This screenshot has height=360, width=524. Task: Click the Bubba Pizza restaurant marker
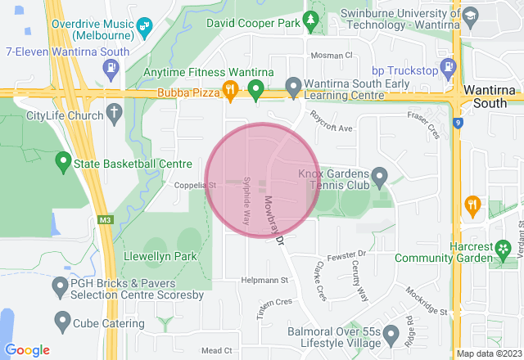232,90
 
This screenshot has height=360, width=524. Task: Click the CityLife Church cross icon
113,112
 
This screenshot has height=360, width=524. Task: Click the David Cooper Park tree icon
310,18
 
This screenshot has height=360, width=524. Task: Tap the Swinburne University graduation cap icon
470,16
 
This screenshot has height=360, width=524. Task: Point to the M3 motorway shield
104,220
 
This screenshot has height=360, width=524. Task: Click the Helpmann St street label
265,280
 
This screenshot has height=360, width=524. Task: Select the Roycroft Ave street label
331,128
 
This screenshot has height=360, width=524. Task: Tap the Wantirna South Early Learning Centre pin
293,86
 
